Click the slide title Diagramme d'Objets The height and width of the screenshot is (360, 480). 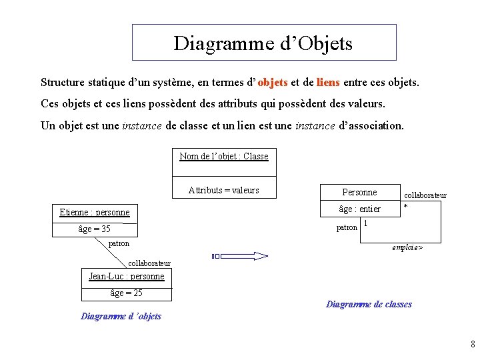263,43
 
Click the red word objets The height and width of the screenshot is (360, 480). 273,83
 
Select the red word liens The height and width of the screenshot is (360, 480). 328,83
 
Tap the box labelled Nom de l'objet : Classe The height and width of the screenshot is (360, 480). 224,157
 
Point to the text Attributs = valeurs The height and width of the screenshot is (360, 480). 224,190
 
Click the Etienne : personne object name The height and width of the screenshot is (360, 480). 94,213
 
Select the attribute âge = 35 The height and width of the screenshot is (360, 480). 94,229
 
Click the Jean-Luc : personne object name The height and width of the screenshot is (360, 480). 127,276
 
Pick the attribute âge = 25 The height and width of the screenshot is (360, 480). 126,293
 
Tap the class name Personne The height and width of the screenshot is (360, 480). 359,193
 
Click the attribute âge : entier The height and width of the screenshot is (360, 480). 359,209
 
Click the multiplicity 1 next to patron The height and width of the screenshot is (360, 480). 367,224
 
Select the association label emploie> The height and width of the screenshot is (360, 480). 407,247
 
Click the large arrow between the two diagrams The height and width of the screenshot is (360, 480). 239,256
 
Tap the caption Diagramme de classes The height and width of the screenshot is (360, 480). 369,305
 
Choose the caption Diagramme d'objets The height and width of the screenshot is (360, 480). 121,316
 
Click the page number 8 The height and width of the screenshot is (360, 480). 471,345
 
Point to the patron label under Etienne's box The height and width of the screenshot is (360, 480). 119,244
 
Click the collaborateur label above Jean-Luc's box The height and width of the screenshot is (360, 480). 149,264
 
